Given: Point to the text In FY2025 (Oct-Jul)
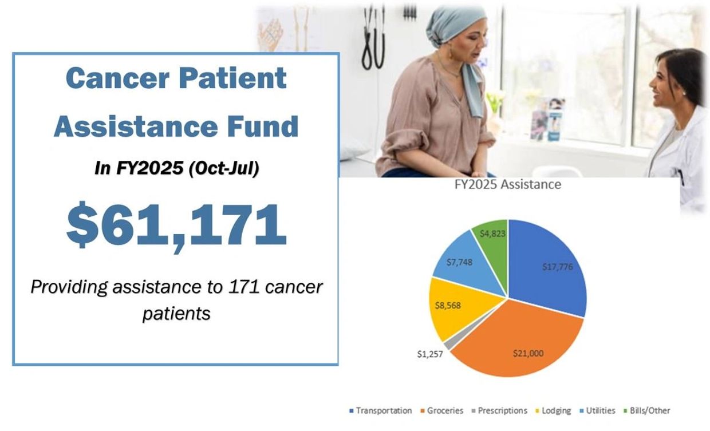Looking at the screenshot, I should [176, 169].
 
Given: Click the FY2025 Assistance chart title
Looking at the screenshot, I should [508, 185].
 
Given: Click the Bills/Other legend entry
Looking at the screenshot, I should [648, 410].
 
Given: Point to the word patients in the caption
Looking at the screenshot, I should [176, 314].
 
